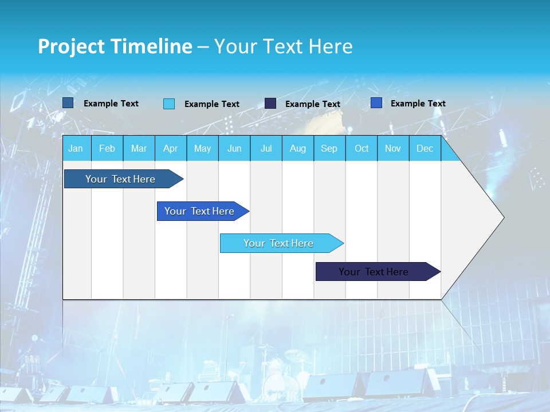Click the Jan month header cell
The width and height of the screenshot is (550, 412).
point(76,148)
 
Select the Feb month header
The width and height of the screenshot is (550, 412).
point(107,148)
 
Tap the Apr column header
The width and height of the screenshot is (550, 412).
point(170,148)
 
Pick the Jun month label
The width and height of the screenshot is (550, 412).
point(234,148)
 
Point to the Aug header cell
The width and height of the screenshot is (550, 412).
point(297,148)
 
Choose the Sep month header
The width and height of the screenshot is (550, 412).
point(329,148)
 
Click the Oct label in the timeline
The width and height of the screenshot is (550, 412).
point(362,148)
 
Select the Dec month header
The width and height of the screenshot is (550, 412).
point(425,148)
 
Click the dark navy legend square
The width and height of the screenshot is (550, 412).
point(270,104)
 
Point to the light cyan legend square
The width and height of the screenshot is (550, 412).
point(169,104)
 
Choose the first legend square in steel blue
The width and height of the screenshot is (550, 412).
point(68,103)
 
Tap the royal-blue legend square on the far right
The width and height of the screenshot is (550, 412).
point(376,103)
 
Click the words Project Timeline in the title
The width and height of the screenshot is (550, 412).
point(115,46)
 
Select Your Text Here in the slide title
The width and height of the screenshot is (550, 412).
point(283,46)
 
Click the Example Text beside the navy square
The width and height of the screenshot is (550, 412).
point(312,104)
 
